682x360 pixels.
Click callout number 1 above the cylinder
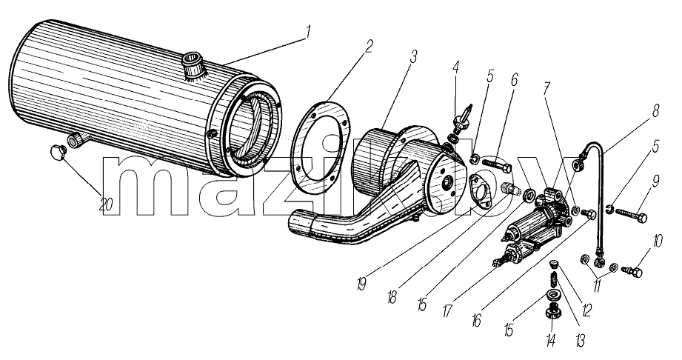[308, 31]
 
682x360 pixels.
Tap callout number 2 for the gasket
[369, 46]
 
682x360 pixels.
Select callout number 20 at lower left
[106, 204]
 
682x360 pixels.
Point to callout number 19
[361, 284]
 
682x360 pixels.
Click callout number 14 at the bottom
[551, 340]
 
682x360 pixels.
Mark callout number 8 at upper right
[655, 111]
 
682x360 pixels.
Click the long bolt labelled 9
[631, 214]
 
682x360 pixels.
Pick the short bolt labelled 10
[631, 272]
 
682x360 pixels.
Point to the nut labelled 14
[551, 311]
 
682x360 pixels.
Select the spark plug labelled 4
[461, 118]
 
